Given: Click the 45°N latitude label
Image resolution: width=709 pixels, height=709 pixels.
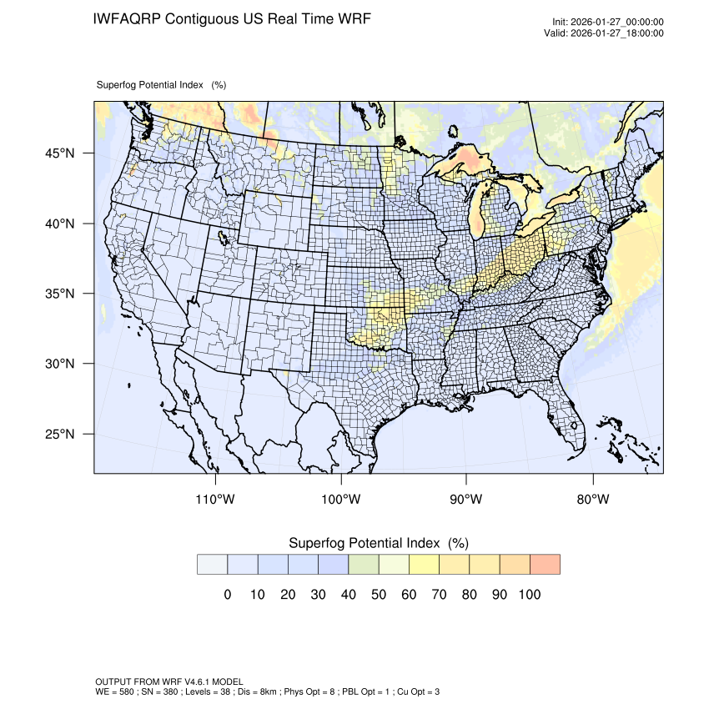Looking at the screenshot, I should coord(59,153).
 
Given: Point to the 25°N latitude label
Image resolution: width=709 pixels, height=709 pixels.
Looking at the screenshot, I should coord(59,435).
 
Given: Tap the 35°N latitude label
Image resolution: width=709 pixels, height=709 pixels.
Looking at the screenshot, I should coord(59,294).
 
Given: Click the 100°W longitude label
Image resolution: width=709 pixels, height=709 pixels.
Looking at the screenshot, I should coord(341,500).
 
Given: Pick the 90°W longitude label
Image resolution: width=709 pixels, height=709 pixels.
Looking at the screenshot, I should coord(466,500).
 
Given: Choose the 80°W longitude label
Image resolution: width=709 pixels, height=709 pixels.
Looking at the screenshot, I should coord(593,500).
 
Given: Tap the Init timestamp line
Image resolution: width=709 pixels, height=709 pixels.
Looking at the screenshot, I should coord(608,23).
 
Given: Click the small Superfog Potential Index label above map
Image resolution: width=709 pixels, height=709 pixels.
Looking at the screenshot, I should coord(161,85).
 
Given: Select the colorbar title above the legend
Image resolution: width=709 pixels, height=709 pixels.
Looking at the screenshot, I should coord(378,543).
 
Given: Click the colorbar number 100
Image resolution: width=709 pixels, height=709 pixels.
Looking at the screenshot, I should coord(529,595).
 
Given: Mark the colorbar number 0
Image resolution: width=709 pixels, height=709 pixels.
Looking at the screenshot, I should coord(227,595).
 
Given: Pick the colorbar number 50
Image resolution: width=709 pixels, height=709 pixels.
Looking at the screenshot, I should coord(378,595).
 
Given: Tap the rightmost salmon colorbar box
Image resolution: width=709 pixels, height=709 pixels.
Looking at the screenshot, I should coord(545,565).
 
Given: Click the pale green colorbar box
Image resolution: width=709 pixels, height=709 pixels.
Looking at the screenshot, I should coord(364,565).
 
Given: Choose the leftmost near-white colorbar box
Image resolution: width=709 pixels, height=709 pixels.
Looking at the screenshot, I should coord(212,565).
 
